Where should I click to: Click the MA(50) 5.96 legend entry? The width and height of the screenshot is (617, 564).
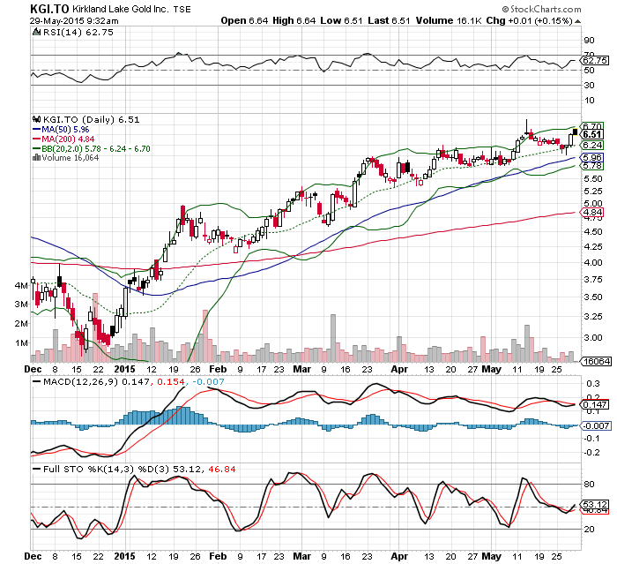tap(63, 129)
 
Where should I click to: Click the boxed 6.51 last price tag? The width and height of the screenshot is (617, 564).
tap(591, 134)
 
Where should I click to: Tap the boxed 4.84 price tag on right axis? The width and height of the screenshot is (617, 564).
tap(591, 213)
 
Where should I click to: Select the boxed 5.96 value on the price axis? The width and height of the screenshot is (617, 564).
tap(591, 157)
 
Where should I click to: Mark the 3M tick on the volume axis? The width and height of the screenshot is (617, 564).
tap(20, 305)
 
